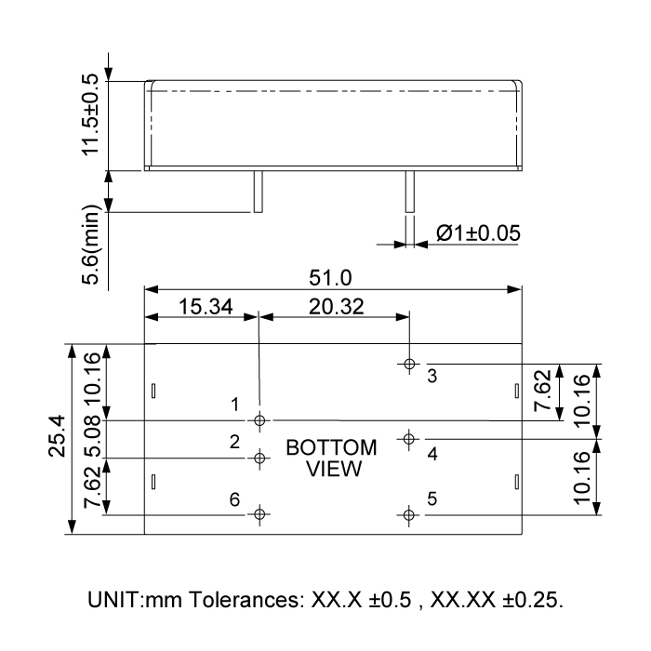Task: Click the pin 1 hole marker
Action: point(260,419)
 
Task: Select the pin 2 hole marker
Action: point(260,458)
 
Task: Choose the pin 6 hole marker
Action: point(260,513)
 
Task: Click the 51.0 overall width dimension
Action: point(333,277)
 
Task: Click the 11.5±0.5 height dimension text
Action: point(90,115)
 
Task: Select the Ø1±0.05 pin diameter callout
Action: point(477,233)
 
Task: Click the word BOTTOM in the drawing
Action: point(331,447)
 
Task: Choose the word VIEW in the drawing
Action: point(331,468)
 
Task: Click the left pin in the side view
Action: point(260,192)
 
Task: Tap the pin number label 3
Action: point(432,377)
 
